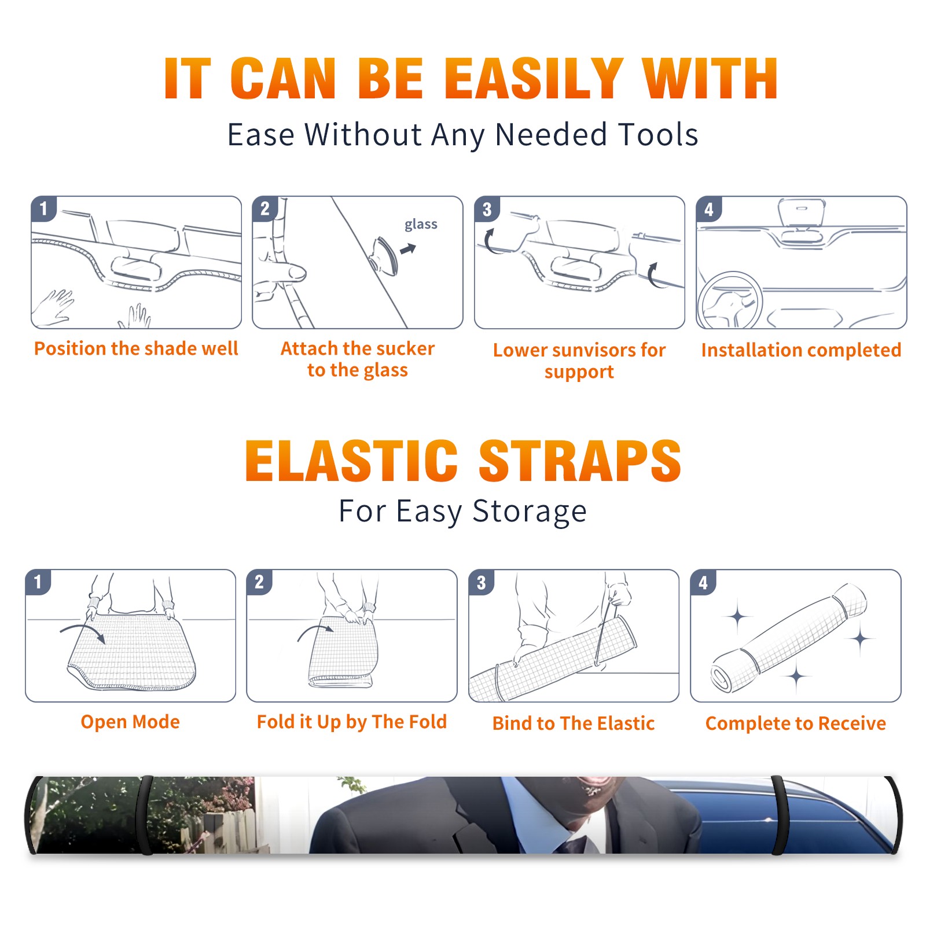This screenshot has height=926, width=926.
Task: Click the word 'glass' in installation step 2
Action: click(421, 225)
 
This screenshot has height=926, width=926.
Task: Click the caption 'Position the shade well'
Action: click(136, 348)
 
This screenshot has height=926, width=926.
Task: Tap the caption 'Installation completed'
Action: click(801, 350)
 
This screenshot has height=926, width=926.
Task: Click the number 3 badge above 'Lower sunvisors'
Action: click(487, 209)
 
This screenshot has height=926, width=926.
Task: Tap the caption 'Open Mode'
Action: click(130, 722)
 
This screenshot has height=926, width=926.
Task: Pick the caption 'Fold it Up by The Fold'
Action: click(352, 722)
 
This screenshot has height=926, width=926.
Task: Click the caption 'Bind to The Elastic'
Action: click(574, 723)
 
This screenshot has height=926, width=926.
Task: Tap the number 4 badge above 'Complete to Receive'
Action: click(703, 582)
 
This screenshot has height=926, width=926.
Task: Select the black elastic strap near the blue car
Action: click(779, 815)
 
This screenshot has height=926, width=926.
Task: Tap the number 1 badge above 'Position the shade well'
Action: click(43, 208)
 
